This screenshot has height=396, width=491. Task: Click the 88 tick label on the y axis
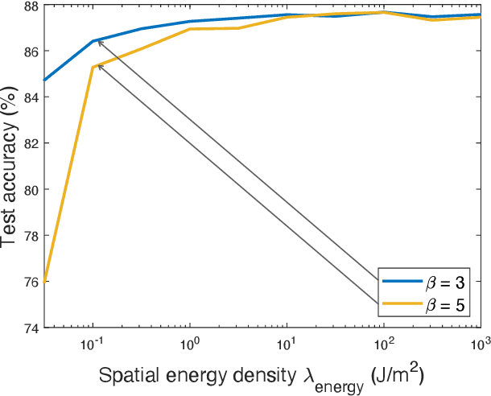click(x=30, y=6)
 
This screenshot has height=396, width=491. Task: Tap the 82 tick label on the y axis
click(x=30, y=143)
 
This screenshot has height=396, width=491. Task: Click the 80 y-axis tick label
click(x=30, y=189)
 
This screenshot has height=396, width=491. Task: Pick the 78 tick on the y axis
click(x=30, y=236)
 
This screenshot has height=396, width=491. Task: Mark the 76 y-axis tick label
click(x=30, y=282)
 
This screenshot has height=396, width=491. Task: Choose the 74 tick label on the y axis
click(x=30, y=328)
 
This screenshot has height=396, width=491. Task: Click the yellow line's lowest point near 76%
click(x=45, y=281)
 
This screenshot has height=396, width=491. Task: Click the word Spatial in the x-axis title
click(x=126, y=376)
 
